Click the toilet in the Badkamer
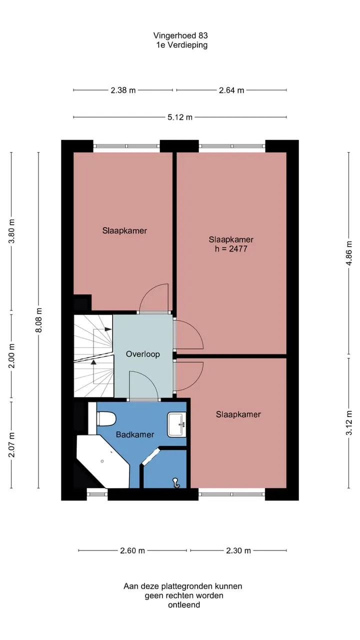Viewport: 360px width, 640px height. click(x=106, y=419)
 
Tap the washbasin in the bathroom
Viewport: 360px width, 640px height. click(x=176, y=424)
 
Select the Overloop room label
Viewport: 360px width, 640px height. click(x=143, y=354)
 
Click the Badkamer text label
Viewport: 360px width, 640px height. click(x=135, y=434)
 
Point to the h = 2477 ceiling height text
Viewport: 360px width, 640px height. click(x=231, y=249)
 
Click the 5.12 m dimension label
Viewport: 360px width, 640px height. click(x=180, y=117)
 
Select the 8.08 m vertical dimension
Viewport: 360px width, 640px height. click(x=38, y=320)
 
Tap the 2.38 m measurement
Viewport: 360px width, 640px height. click(x=123, y=90)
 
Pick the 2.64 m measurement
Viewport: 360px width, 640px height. click(x=231, y=90)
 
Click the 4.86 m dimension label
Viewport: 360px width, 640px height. click(x=349, y=253)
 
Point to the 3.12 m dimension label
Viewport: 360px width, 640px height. click(x=349, y=422)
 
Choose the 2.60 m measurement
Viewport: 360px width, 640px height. click(x=132, y=550)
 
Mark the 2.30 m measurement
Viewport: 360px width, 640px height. click(x=238, y=550)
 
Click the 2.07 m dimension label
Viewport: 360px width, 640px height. click(x=11, y=444)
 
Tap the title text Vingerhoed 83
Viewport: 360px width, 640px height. click(x=180, y=35)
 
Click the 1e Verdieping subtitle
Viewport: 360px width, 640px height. click(x=181, y=45)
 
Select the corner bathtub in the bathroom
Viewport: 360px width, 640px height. click(x=103, y=461)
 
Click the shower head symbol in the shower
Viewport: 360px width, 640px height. click(x=175, y=483)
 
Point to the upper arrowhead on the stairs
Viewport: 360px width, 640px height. click(x=108, y=329)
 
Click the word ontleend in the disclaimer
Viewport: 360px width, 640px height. click(x=184, y=604)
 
